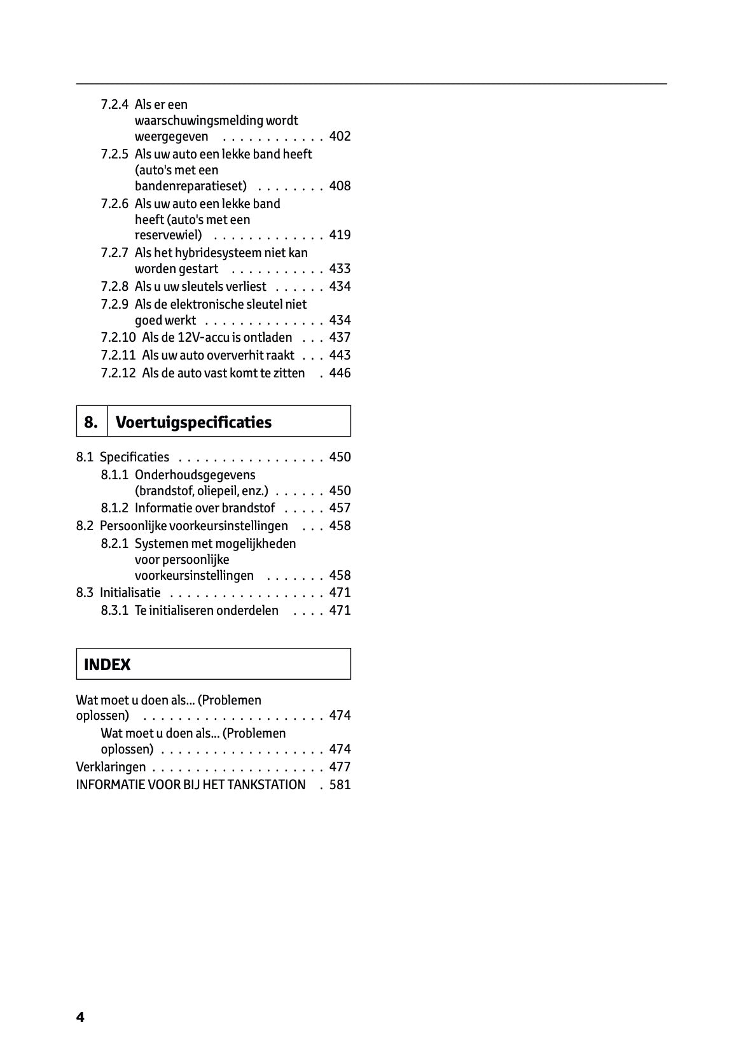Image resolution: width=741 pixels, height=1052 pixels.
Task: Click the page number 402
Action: point(340,136)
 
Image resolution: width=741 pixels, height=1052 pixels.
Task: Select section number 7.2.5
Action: point(114,154)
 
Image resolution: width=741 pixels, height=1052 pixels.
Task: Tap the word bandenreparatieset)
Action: point(191,186)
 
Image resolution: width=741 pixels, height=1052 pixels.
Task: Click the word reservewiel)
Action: point(169,235)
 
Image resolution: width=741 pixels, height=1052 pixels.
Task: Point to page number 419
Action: point(340,235)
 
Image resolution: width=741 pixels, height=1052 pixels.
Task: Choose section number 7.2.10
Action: point(118,337)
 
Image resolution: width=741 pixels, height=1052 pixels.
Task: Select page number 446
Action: point(340,373)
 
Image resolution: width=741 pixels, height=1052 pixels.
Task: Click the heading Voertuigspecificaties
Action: point(194,422)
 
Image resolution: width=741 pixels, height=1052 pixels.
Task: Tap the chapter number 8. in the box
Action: point(92,422)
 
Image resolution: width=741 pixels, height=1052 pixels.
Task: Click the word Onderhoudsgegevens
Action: point(195,475)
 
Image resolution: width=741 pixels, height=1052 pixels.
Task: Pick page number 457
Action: point(340,508)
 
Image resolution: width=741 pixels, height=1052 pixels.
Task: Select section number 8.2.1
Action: point(114,544)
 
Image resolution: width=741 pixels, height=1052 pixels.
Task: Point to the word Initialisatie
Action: point(130,593)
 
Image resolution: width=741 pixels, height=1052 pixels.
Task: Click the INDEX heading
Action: point(107,665)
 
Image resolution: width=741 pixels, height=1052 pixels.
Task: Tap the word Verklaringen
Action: point(111,767)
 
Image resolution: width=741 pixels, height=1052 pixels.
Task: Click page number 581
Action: point(340,785)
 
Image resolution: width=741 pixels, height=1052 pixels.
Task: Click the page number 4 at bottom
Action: point(80,1017)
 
